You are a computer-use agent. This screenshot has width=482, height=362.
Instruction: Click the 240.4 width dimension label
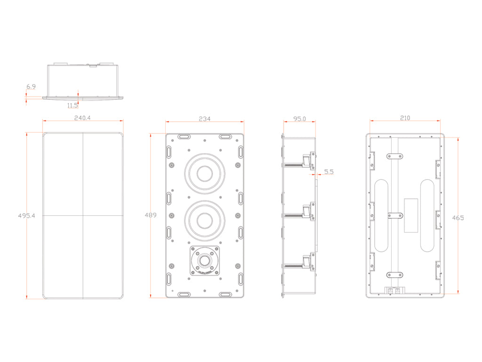pyautogui.click(x=82, y=118)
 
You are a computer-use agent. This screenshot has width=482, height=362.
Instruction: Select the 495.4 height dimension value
pyautogui.click(x=27, y=215)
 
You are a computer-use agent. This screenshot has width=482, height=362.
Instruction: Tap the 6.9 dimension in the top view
pyautogui.click(x=31, y=87)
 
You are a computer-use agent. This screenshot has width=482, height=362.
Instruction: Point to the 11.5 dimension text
pyautogui.click(x=72, y=105)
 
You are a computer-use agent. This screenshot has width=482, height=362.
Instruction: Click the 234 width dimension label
pyautogui.click(x=204, y=119)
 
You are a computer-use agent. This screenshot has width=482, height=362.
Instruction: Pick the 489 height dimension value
pyautogui.click(x=150, y=215)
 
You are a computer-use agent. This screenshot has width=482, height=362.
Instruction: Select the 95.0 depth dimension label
pyautogui.click(x=299, y=119)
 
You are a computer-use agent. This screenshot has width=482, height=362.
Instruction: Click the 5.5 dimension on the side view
pyautogui.click(x=329, y=173)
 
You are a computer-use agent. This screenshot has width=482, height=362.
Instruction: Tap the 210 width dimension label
pyautogui.click(x=405, y=118)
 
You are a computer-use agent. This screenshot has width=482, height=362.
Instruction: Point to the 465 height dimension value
pyautogui.click(x=458, y=218)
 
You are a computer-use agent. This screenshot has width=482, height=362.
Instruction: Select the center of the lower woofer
pyautogui.click(x=204, y=220)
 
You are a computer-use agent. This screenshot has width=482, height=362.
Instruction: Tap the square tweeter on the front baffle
pyautogui.click(x=204, y=261)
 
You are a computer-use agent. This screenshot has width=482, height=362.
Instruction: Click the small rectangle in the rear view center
pyautogui.click(x=411, y=215)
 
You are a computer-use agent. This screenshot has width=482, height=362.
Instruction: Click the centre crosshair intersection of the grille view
pyautogui.click(x=83, y=215)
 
